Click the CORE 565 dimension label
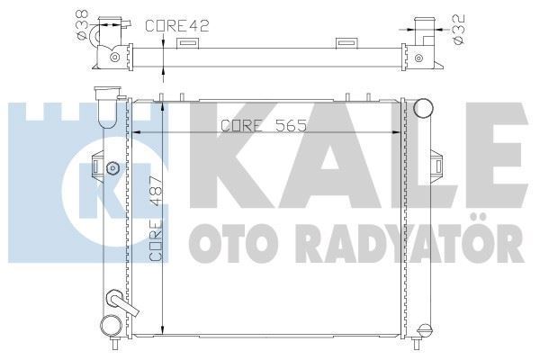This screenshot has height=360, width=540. (255, 127)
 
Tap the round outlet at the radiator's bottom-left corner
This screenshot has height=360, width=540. (110, 326)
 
